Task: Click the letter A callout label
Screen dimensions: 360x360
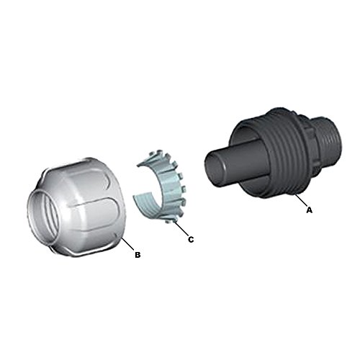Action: click(310, 210)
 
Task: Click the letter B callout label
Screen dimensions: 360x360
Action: click(138, 255)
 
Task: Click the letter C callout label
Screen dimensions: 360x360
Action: click(191, 239)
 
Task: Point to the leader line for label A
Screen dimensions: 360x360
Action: click(301, 200)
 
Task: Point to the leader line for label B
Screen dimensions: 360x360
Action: click(128, 244)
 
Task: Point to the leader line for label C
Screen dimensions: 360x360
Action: click(181, 229)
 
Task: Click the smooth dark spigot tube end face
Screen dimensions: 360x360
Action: click(215, 167)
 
